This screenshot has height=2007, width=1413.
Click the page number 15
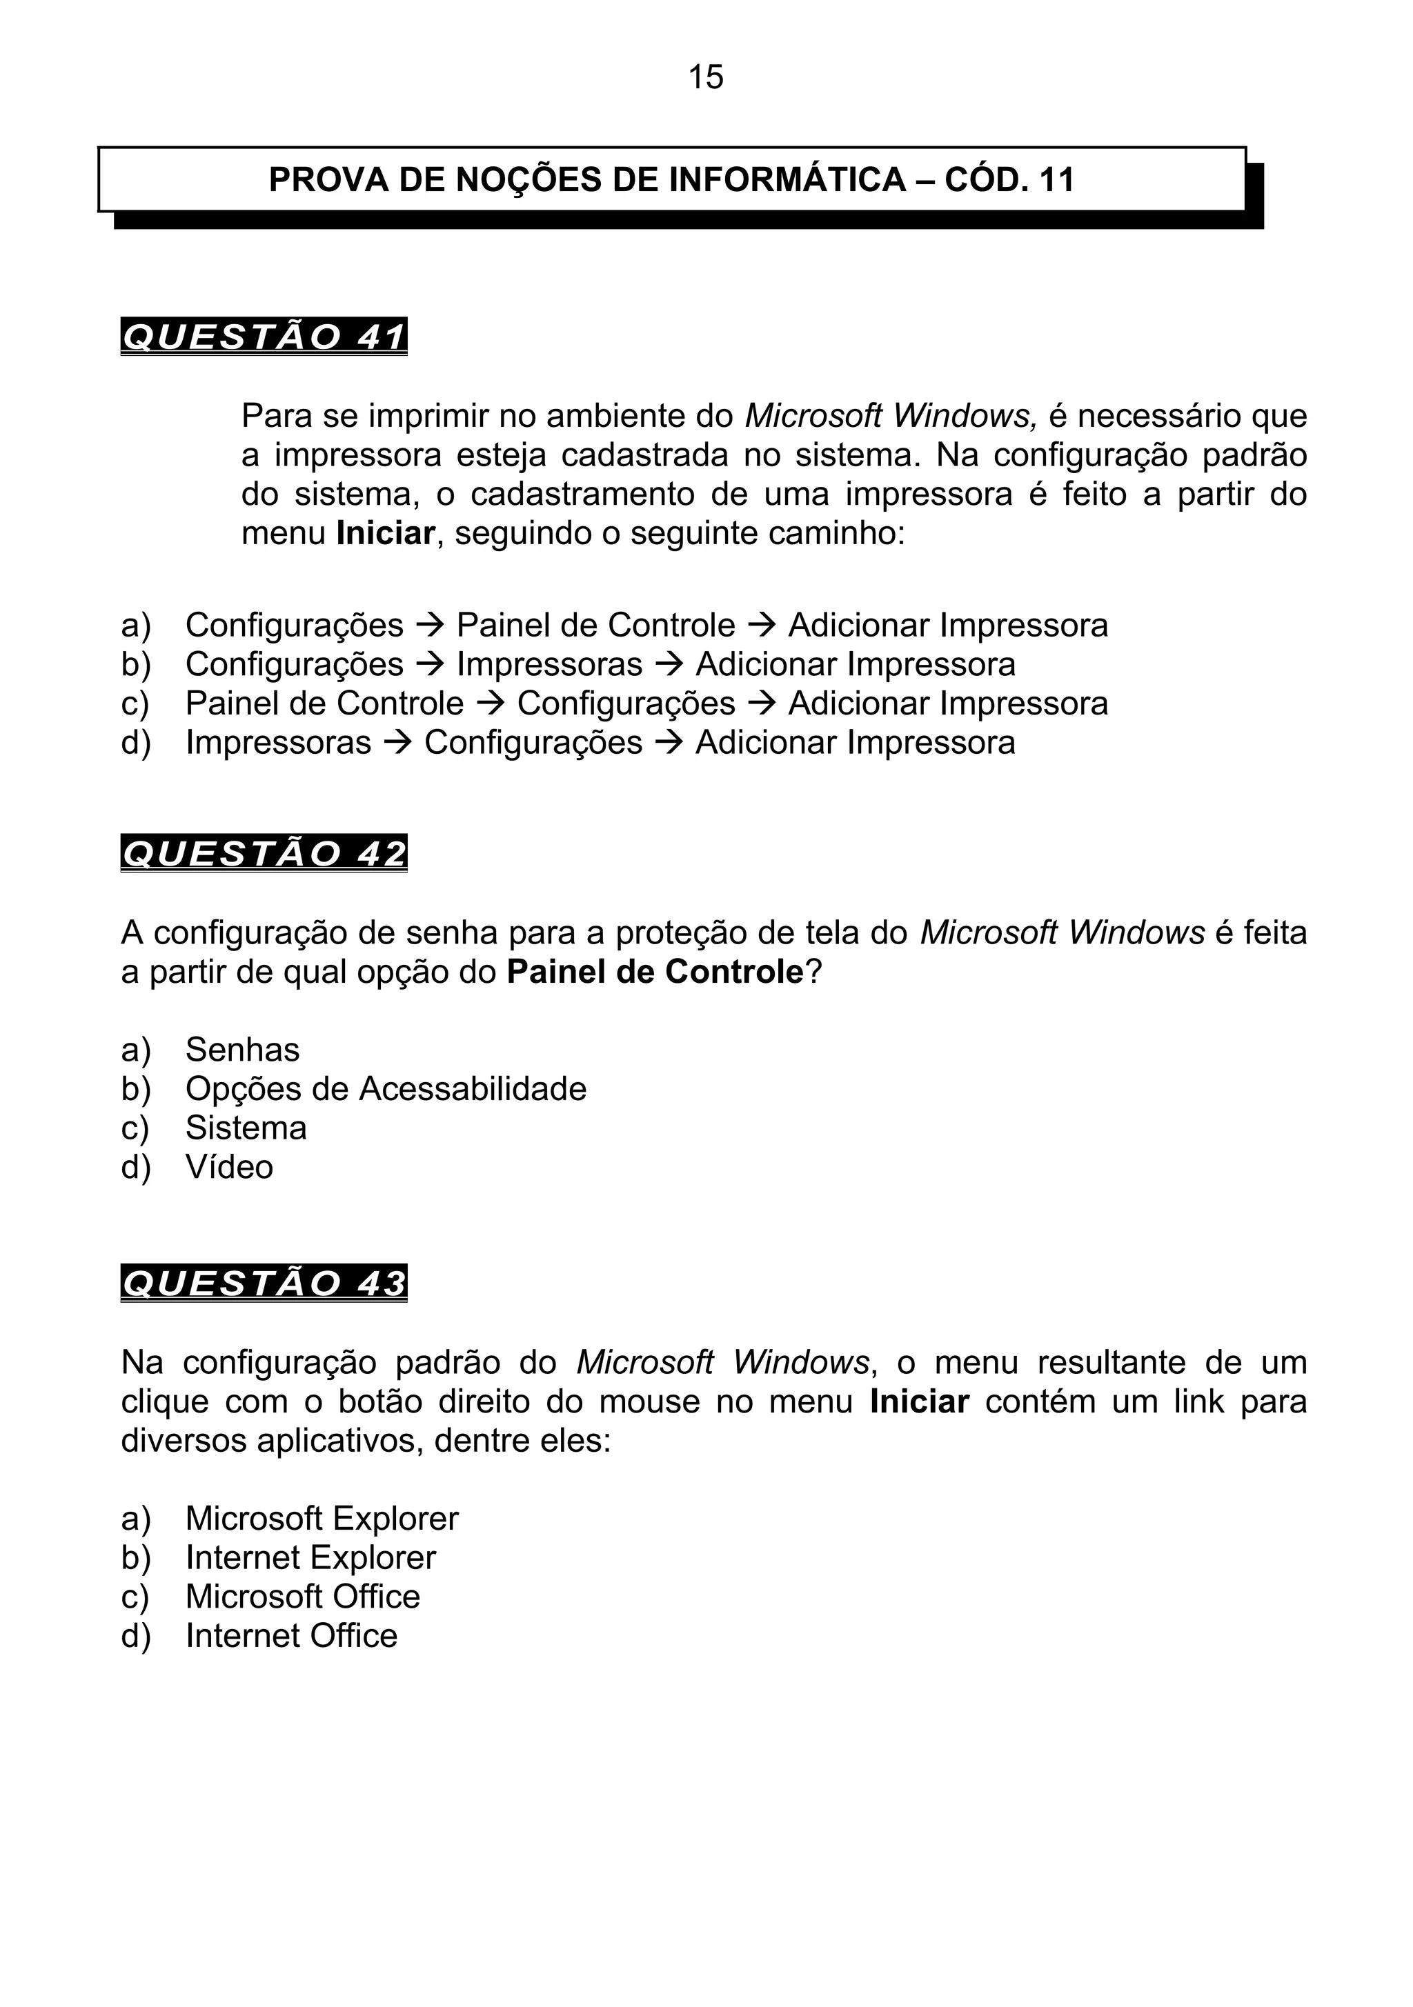706,77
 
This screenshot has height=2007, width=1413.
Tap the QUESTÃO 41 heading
264,337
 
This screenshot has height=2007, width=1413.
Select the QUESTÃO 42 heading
264,853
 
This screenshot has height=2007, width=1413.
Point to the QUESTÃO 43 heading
264,1284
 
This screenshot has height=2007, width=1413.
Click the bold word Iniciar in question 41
385,533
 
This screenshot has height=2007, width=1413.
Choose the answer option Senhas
242,1049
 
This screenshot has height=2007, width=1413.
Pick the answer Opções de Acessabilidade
386,1088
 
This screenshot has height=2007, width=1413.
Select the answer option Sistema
246,1128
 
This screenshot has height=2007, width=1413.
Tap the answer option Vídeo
229,1167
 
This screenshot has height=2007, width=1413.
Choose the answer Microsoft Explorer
322,1519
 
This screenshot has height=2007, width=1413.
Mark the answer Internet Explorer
310,1558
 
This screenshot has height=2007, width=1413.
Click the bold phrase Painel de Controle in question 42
654,972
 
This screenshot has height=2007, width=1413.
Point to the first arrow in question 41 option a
431,626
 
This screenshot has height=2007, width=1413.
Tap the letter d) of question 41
135,743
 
